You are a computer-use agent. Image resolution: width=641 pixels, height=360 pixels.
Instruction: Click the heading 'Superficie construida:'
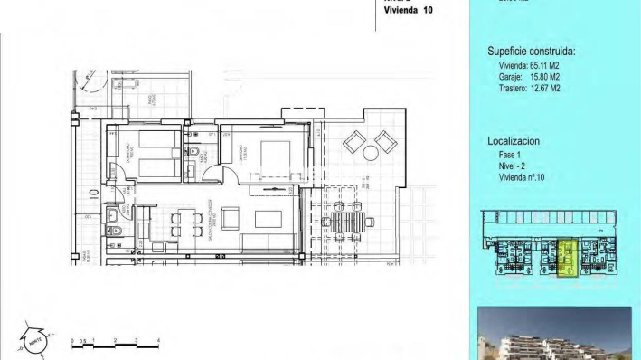click(x=531, y=52)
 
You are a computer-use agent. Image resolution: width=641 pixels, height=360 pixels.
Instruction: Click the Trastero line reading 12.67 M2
click(x=530, y=89)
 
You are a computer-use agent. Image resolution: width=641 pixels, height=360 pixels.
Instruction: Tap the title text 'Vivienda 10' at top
click(x=408, y=11)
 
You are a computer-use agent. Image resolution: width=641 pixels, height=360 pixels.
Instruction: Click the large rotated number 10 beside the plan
click(x=92, y=193)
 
